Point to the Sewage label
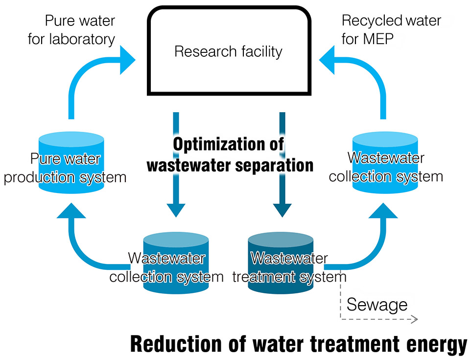tap(377, 305)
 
